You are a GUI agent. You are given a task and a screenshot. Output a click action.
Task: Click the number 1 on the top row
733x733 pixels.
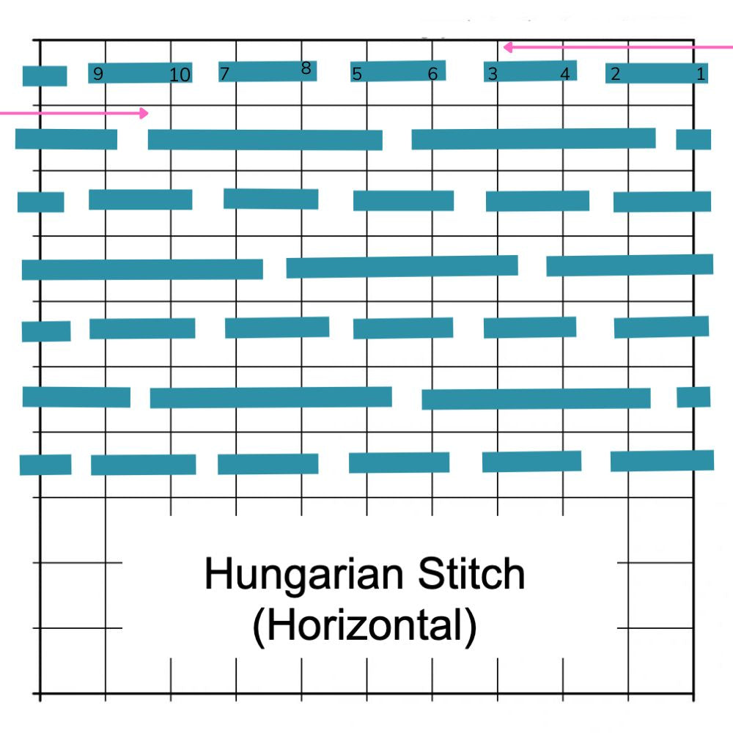coord(700,73)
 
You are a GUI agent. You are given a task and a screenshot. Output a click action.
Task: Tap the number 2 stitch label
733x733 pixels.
coord(615,73)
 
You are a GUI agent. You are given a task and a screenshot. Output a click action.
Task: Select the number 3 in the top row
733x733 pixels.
coord(493,73)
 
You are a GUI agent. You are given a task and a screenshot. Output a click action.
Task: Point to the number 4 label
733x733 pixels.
coord(564,73)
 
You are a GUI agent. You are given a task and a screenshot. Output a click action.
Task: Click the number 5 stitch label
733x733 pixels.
coord(357,73)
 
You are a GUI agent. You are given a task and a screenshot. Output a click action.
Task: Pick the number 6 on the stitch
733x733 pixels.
coord(432,73)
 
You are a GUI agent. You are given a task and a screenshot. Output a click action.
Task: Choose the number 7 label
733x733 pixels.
coord(224,73)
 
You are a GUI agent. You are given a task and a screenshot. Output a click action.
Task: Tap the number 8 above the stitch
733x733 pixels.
coord(306,69)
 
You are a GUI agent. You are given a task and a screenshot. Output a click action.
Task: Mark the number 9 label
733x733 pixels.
coord(98,73)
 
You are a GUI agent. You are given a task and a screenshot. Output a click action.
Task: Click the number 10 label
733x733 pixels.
coord(180,75)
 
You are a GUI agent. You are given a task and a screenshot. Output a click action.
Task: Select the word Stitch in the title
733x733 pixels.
coord(471,575)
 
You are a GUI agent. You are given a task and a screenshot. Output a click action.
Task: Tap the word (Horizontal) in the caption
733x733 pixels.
coord(364,627)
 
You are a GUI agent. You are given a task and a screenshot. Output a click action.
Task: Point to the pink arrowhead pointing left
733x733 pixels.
coord(508,48)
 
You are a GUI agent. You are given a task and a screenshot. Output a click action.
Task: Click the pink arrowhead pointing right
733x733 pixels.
coord(144,113)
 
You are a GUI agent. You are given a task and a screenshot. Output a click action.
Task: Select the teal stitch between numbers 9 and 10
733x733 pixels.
coord(139,73)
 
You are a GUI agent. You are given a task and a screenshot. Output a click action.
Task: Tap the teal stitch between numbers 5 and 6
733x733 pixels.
coord(396,71)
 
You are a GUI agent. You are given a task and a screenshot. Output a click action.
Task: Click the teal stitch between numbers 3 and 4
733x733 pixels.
coord(529,71)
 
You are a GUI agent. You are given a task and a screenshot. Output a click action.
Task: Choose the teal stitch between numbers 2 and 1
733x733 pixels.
coord(658,73)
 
